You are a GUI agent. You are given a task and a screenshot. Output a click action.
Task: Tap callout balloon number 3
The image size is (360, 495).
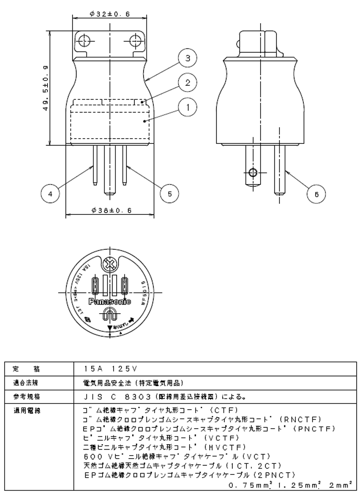188,59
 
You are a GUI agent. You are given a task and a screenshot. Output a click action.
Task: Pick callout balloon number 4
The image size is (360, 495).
50,193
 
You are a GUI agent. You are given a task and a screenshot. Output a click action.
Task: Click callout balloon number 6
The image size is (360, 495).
316,194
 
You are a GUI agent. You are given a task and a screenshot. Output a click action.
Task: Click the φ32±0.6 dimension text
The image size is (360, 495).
109,14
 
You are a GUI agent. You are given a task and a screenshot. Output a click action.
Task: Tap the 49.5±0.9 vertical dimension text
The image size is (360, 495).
46,89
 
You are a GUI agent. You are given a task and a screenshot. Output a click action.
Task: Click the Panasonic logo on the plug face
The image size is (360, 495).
110,301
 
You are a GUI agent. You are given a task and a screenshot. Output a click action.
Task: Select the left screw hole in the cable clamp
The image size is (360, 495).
85,40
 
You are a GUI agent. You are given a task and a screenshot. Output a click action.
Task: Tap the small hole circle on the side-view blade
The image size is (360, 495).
254,172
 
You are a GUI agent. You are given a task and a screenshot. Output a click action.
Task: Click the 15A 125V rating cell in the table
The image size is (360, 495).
110,369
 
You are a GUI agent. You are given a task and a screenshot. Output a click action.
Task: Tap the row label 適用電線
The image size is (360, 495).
28,411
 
